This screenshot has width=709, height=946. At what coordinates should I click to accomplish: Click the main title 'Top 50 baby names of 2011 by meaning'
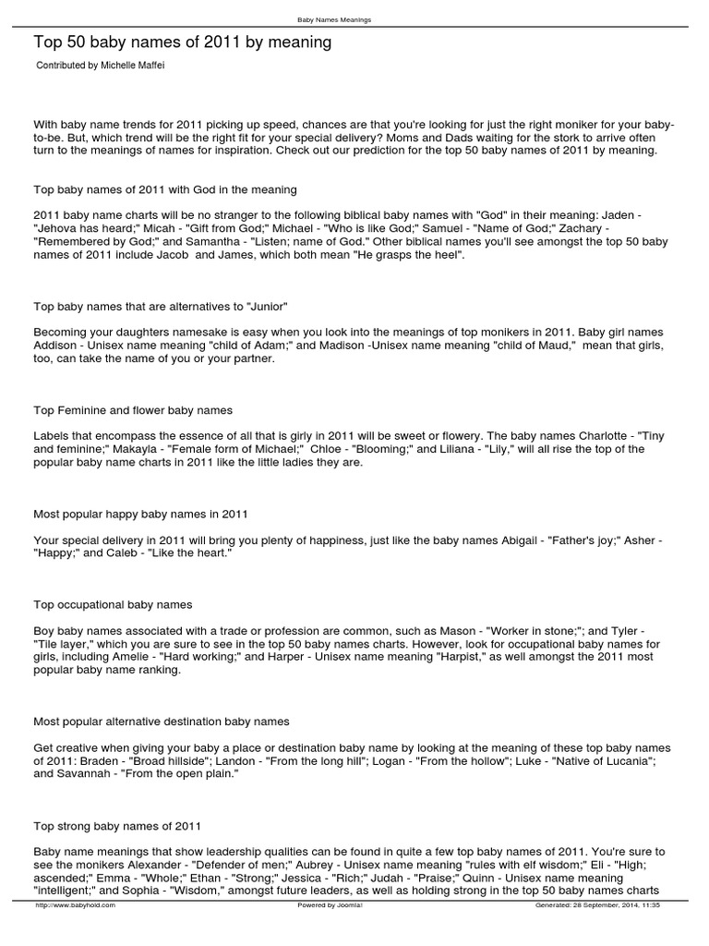pyautogui.click(x=182, y=42)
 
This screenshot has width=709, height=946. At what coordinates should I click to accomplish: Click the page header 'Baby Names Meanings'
pyautogui.click(x=334, y=19)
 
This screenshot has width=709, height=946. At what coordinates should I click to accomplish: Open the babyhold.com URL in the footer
pyautogui.click(x=75, y=905)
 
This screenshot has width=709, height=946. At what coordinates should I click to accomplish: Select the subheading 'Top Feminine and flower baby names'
pyautogui.click(x=133, y=409)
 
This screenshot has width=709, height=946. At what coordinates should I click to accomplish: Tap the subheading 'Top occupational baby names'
pyautogui.click(x=113, y=604)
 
